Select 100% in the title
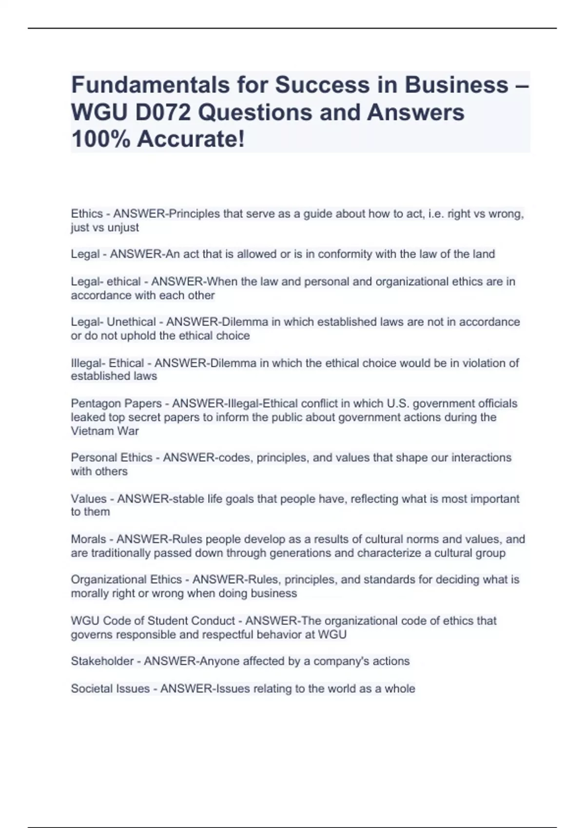coord(100,139)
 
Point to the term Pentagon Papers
coord(116,403)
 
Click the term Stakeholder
coord(102,661)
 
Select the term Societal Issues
coord(110,688)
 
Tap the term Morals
coord(88,539)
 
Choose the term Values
coord(88,499)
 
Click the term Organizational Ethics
coord(126,580)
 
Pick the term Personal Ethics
coord(112,458)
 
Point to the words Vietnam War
coord(105,431)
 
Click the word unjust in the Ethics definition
coord(126,227)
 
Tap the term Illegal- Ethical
coord(107,363)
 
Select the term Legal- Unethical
coord(113,322)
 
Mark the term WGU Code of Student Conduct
coord(153,621)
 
